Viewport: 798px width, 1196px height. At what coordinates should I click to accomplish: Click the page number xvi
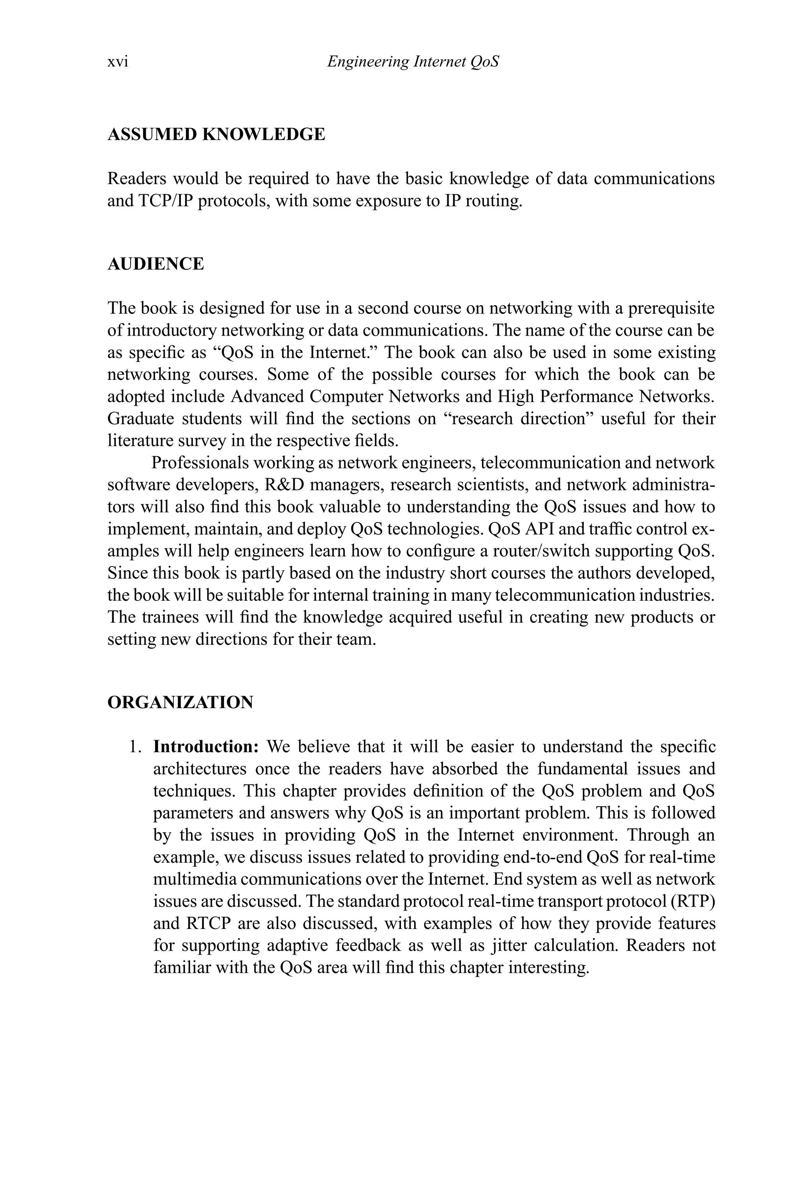[118, 62]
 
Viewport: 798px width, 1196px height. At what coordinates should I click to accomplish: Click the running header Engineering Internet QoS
[413, 62]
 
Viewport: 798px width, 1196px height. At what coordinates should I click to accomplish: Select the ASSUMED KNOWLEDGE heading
[216, 134]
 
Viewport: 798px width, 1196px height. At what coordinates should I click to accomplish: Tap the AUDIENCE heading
[156, 264]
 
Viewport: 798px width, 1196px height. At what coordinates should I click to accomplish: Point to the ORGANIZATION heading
[180, 702]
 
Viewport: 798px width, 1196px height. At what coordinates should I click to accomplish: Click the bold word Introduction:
[207, 746]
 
